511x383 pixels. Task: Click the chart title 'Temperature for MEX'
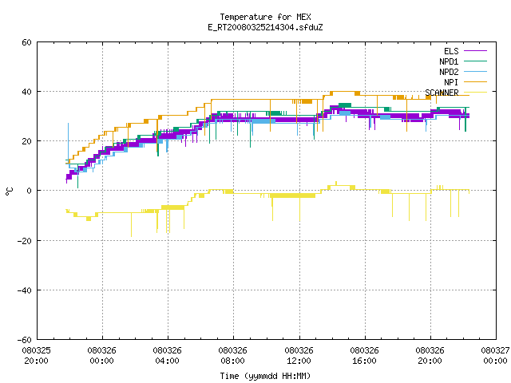[x=265, y=17]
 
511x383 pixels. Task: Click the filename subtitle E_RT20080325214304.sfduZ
[x=265, y=27]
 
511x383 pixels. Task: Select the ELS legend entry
[x=465, y=51]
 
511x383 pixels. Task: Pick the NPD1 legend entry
[x=463, y=61]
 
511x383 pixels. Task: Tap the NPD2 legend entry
[x=463, y=72]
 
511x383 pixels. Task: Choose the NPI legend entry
[x=465, y=82]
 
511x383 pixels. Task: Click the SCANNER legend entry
[x=456, y=93]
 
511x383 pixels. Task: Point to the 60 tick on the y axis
[x=26, y=42]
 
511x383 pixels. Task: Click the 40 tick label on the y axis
[x=26, y=92]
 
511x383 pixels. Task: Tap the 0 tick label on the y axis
[x=30, y=191]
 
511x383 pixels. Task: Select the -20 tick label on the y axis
[x=25, y=241]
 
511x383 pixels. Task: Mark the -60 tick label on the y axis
[x=25, y=340]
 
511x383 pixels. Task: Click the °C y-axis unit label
[x=9, y=191]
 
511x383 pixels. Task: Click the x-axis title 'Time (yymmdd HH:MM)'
[x=265, y=376]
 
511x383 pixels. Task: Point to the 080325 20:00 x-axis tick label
[x=37, y=356]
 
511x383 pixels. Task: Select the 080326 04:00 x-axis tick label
[x=167, y=356]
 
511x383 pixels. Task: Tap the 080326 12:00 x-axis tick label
[x=299, y=356]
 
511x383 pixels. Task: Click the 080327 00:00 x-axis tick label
[x=495, y=356]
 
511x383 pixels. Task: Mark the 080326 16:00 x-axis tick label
[x=364, y=356]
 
